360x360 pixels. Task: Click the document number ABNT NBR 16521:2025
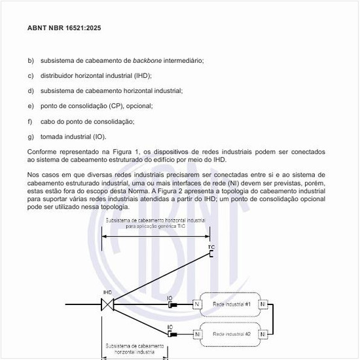(64, 29)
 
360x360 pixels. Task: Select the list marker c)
(31, 76)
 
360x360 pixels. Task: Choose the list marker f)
(30, 121)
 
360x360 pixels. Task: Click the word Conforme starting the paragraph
(41, 152)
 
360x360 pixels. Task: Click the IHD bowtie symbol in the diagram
(107, 304)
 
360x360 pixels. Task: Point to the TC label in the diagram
(211, 247)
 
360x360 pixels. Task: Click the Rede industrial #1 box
(230, 304)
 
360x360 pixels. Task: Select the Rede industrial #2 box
(230, 334)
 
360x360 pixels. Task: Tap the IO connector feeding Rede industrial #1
(171, 304)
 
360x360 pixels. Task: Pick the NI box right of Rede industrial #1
(263, 304)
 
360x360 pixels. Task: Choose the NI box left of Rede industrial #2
(198, 334)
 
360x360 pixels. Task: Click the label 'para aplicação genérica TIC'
(156, 226)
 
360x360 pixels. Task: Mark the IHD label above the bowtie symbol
(107, 292)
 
